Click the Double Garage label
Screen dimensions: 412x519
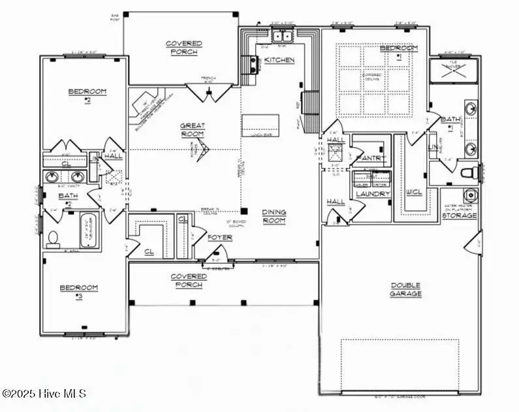coord(406,289)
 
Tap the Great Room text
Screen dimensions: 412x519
coord(193,129)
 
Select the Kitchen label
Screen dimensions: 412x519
coord(279,60)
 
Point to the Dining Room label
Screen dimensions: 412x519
coord(274,216)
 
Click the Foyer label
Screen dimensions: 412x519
coord(219,237)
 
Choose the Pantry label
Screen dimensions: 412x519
coord(371,159)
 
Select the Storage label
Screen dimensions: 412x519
coord(460,215)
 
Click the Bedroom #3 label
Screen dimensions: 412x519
coord(79,291)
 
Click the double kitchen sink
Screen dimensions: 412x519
coord(282,36)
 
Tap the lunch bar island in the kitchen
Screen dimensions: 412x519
coord(260,125)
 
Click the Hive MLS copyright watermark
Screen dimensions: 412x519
coord(44,393)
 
